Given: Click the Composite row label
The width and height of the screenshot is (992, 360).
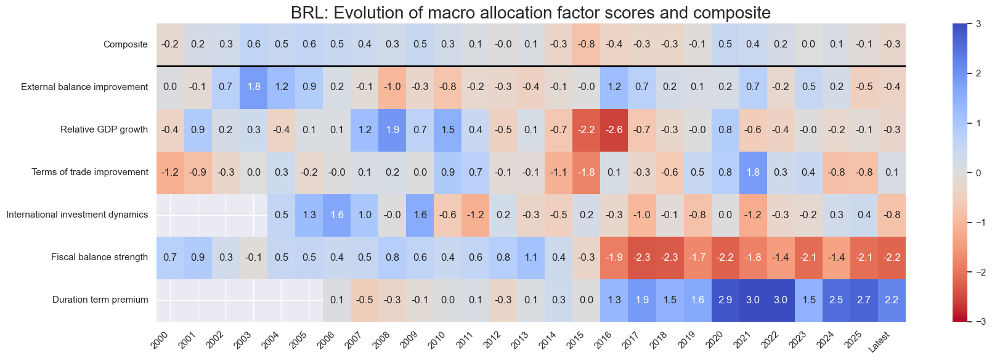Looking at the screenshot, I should pyautogui.click(x=126, y=44).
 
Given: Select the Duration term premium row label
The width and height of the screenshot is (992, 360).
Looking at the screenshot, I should pyautogui.click(x=100, y=300).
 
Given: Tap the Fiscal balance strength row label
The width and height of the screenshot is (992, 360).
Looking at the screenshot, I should pyautogui.click(x=99, y=257).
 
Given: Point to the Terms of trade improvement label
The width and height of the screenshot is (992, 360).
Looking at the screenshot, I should pyautogui.click(x=90, y=172).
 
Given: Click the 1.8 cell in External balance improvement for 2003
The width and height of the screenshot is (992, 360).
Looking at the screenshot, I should pyautogui.click(x=253, y=87).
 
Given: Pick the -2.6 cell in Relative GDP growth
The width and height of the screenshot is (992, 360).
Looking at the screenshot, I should pyautogui.click(x=614, y=129).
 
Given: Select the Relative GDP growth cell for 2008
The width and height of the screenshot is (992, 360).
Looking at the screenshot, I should pyautogui.click(x=392, y=129).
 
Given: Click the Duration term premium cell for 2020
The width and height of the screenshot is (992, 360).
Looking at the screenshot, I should pyautogui.click(x=725, y=300).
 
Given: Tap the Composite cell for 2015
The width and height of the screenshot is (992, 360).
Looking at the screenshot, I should pyautogui.click(x=586, y=44).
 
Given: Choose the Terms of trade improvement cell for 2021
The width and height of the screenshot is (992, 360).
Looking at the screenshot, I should pyautogui.click(x=752, y=172).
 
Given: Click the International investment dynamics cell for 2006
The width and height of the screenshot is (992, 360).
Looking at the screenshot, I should pyautogui.click(x=336, y=215).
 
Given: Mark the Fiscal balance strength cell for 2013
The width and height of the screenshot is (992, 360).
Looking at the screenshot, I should pyautogui.click(x=531, y=257).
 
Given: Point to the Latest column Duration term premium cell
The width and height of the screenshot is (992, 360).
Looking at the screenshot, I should pyautogui.click(x=891, y=300).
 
